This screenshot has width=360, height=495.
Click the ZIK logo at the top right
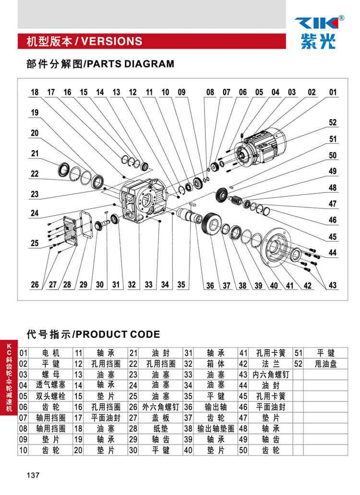319,32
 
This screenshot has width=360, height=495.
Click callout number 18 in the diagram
35,92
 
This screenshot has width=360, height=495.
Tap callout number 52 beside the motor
333,122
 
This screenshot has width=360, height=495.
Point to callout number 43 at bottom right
333,285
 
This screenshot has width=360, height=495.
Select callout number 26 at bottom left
35,284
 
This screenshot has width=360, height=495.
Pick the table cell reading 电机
51,353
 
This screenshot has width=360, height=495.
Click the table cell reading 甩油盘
325,363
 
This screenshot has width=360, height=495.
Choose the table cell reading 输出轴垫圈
216,428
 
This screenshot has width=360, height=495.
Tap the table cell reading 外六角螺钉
161,407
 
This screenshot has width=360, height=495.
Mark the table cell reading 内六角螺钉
270,374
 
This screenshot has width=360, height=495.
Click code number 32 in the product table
188,363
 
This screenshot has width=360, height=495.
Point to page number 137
33,475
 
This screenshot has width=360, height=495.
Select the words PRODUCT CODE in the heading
118,334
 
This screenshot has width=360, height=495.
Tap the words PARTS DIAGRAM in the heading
130,64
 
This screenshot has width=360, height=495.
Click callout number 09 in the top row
182,92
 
